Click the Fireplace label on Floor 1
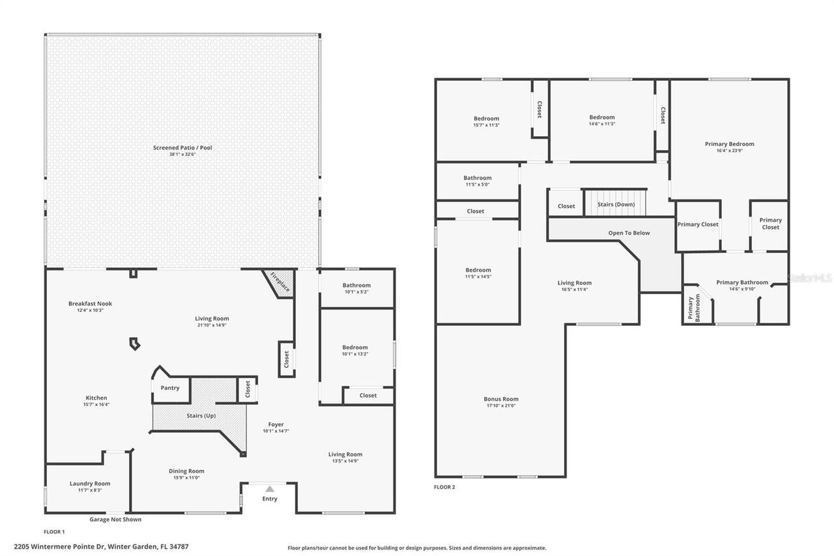click(280, 282)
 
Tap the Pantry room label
click(170, 388)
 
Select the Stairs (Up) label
click(201, 416)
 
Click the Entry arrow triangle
click(270, 488)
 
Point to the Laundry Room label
click(90, 484)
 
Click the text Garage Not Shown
click(115, 519)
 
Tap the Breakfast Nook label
click(91, 304)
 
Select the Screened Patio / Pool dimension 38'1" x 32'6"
click(182, 154)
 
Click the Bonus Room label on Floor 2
click(501, 399)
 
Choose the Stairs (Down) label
click(616, 205)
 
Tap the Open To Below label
click(629, 233)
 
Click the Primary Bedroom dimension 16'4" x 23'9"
click(729, 151)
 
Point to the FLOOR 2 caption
click(444, 487)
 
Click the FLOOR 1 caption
click(54, 532)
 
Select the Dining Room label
click(187, 471)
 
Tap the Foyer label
click(276, 424)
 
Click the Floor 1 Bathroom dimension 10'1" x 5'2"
click(356, 292)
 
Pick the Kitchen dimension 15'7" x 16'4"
click(96, 404)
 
